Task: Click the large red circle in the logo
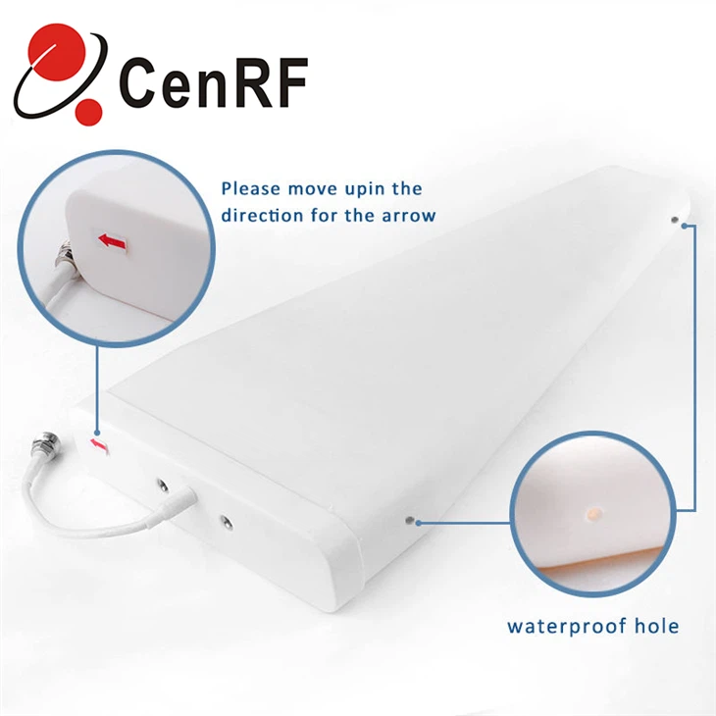click(x=57, y=52)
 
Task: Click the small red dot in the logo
click(x=88, y=112)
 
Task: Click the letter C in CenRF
click(x=138, y=82)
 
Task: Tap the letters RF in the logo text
click(x=265, y=82)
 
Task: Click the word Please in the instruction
click(x=251, y=189)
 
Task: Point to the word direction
click(x=262, y=215)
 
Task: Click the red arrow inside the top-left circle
click(x=112, y=240)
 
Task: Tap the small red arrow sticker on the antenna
click(x=98, y=444)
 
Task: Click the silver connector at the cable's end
click(x=46, y=444)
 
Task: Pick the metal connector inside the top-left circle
click(x=62, y=257)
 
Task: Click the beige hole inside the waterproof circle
click(x=593, y=514)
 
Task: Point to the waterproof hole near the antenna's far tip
click(x=675, y=220)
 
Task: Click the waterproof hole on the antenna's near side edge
click(x=410, y=520)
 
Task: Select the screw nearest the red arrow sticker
click(x=162, y=486)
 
